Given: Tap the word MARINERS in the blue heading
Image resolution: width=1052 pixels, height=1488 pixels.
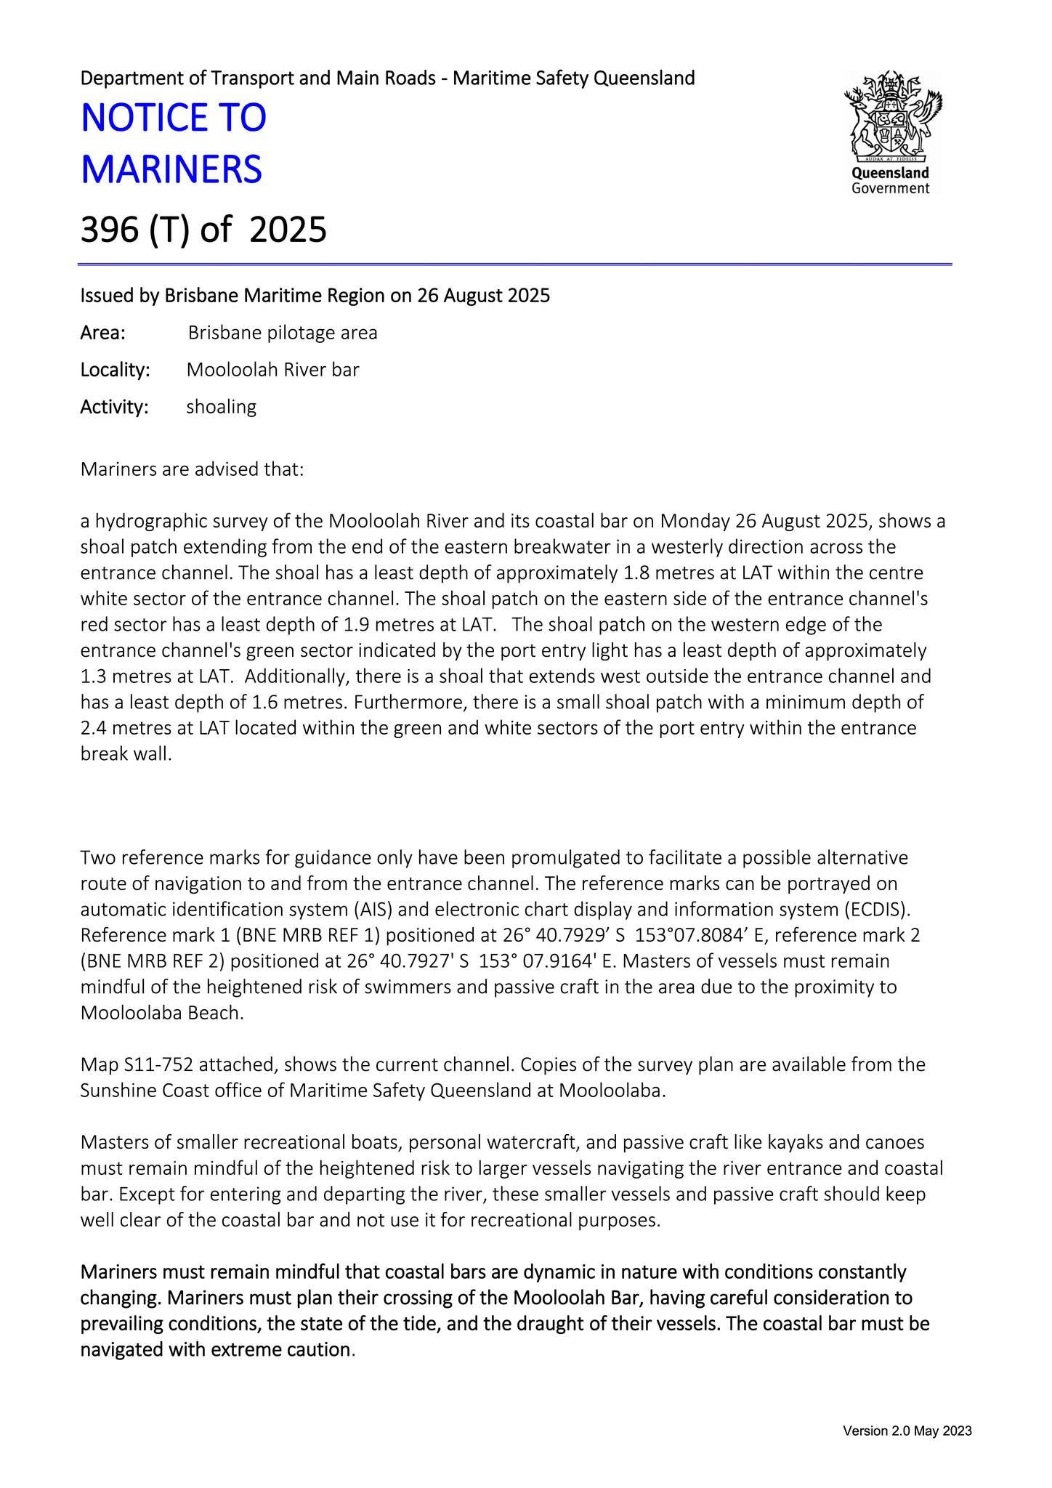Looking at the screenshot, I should [171, 170].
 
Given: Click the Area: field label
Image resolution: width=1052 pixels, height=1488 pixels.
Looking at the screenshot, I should [102, 333].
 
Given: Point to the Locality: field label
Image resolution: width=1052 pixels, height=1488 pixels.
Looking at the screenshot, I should [115, 370].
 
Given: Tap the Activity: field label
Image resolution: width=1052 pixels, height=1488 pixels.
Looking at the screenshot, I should [114, 407].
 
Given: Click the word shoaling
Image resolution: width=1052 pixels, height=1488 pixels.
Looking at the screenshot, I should [222, 407].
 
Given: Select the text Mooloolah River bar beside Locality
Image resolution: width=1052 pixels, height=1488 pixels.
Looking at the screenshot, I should [273, 370].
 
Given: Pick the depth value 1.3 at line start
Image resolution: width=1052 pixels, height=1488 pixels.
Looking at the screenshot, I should [94, 677].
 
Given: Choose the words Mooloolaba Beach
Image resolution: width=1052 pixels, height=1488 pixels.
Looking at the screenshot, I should [161, 1013].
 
